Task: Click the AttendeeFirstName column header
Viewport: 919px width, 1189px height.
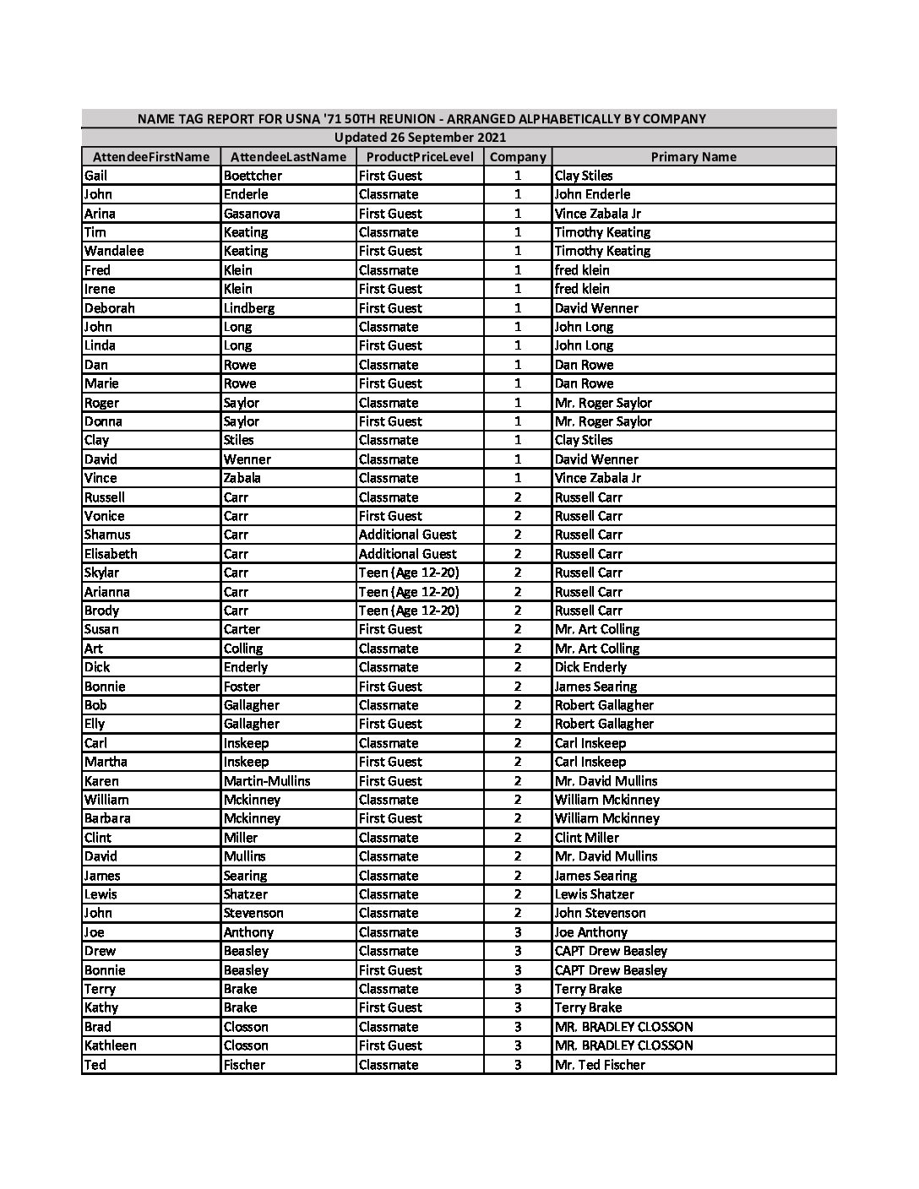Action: [151, 157]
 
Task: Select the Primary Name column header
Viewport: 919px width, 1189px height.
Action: [693, 157]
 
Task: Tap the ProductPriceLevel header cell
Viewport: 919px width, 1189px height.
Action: [420, 157]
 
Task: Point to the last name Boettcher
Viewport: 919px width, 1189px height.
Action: [253, 176]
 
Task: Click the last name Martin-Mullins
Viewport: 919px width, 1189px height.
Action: [267, 781]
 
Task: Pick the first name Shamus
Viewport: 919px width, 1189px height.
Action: [107, 535]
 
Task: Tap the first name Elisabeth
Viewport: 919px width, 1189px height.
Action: [111, 554]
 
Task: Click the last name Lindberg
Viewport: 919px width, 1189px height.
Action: [249, 308]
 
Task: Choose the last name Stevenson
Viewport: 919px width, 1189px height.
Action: [253, 913]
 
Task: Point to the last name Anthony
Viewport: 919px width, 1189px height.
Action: [248, 932]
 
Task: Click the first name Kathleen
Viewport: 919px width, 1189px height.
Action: [111, 1045]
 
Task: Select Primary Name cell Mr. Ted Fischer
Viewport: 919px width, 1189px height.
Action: [600, 1065]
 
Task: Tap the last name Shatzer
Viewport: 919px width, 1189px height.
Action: [246, 894]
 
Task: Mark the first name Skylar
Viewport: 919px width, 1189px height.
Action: [101, 573]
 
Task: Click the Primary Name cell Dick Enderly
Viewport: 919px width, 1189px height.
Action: [590, 667]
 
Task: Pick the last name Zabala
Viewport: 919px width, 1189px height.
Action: [242, 478]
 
